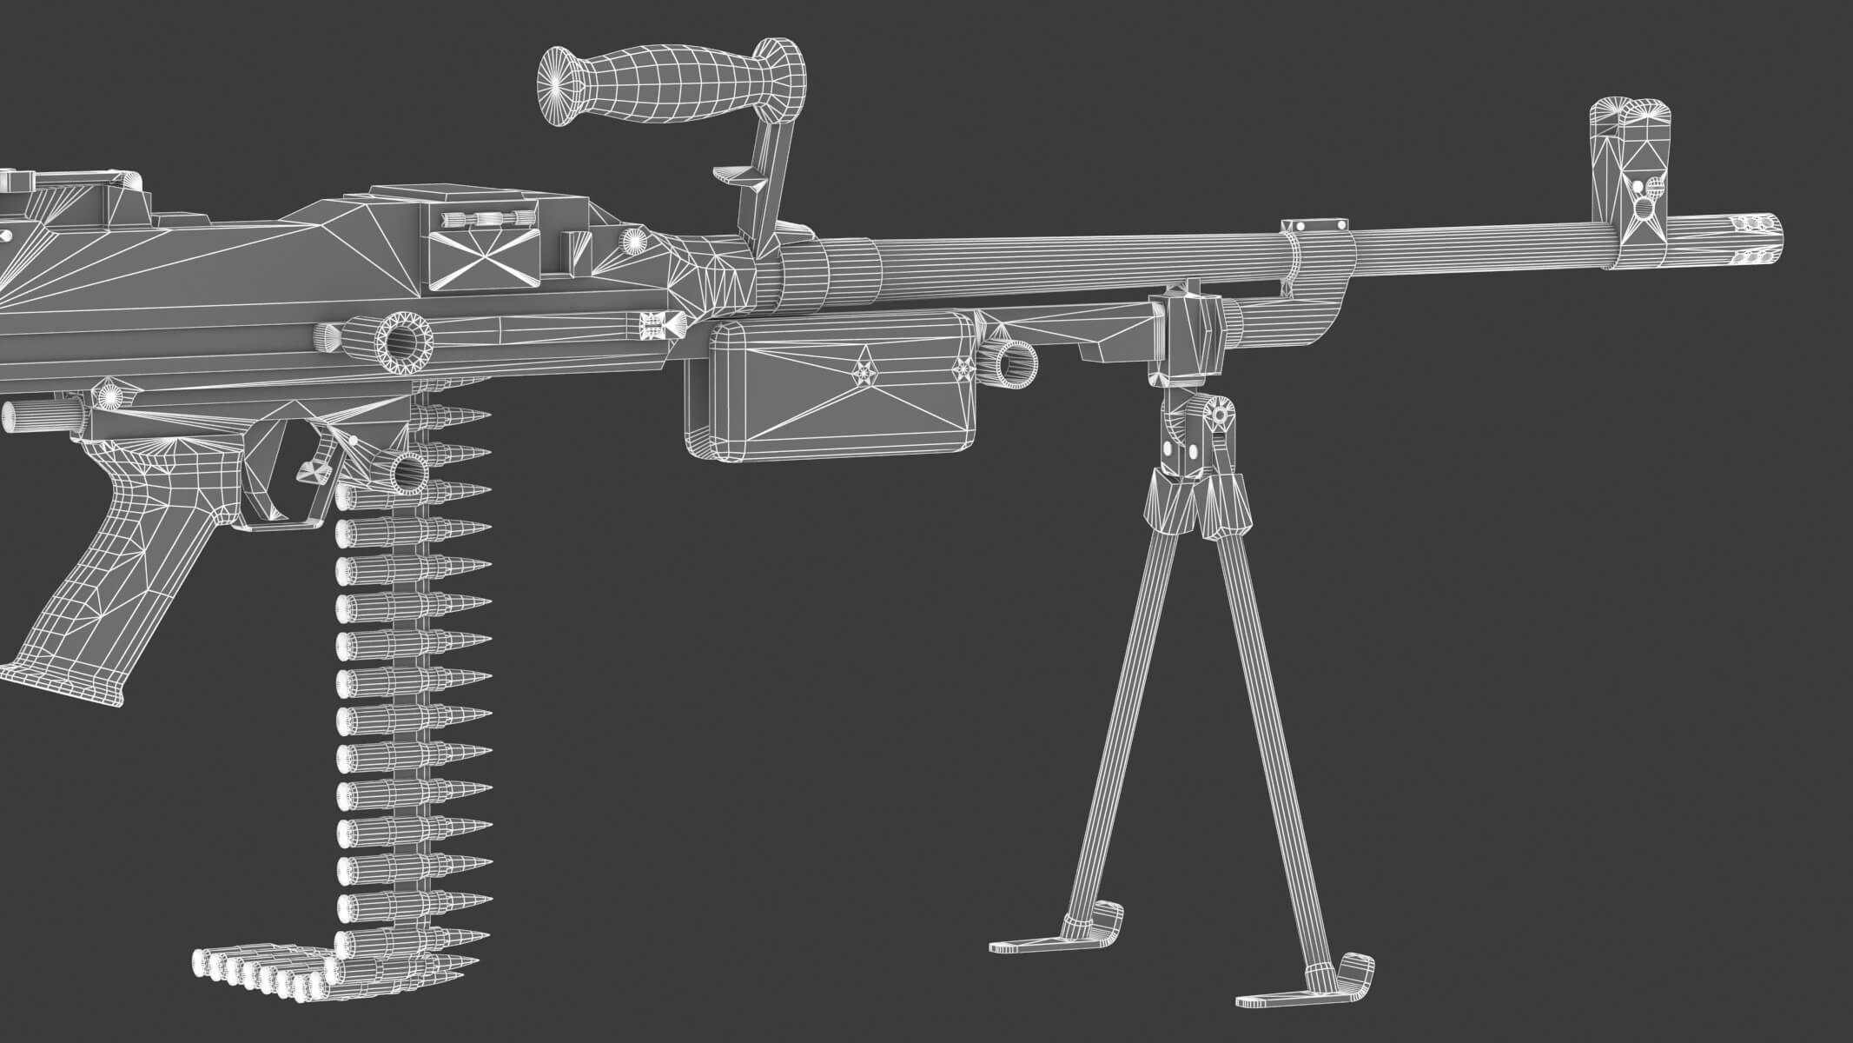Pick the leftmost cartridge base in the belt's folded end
click(202, 963)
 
